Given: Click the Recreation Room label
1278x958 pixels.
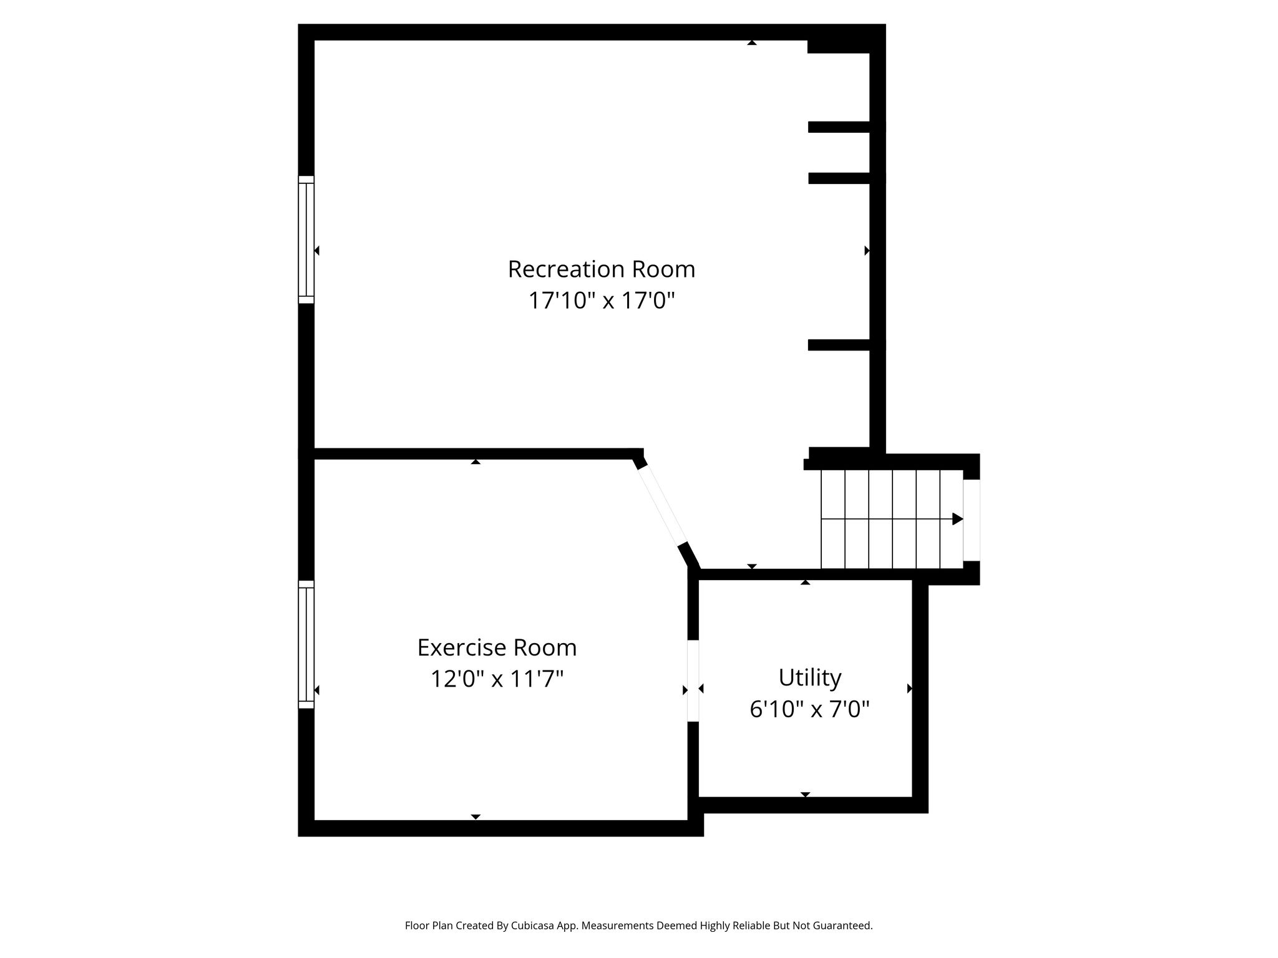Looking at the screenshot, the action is (x=601, y=269).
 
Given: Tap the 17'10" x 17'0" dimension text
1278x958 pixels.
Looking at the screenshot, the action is (x=602, y=301).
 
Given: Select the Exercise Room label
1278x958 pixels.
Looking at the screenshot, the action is (x=497, y=647).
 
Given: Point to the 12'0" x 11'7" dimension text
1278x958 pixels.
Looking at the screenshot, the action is (x=497, y=679).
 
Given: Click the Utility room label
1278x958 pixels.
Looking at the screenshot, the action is (x=810, y=677).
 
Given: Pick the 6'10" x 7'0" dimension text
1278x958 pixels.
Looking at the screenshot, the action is (x=809, y=709).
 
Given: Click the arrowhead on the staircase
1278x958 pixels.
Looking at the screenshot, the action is (x=957, y=519).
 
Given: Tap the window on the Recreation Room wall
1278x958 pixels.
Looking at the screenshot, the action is (x=306, y=239).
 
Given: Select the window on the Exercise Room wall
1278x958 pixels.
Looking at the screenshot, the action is (x=306, y=644).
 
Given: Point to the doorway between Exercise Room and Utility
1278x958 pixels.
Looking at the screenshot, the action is (x=693, y=680).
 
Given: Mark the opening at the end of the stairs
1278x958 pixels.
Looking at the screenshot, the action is (x=972, y=520).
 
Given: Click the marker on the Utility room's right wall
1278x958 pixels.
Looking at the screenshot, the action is (x=910, y=689).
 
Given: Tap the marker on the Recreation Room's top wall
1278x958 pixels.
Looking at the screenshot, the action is (x=752, y=43).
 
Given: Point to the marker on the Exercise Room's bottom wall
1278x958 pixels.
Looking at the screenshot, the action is (x=476, y=816).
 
